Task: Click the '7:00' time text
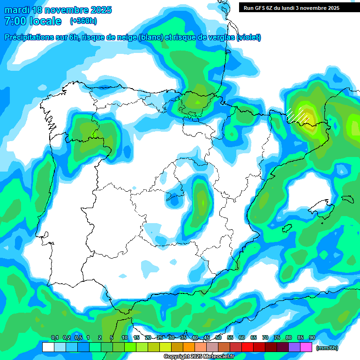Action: (x=15, y=21)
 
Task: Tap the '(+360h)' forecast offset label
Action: (x=83, y=21)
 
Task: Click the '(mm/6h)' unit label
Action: (x=327, y=348)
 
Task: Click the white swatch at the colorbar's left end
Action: (x=48, y=347)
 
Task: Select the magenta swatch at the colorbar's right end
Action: (x=306, y=347)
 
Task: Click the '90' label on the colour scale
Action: (x=312, y=338)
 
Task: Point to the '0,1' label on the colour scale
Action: (x=54, y=338)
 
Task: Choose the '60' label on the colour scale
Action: (x=242, y=338)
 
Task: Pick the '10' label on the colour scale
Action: (x=125, y=338)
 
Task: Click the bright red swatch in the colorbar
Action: (x=247, y=347)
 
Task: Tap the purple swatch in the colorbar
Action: (x=294, y=347)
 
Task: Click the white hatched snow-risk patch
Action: (x=298, y=114)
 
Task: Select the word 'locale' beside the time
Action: (x=45, y=21)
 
